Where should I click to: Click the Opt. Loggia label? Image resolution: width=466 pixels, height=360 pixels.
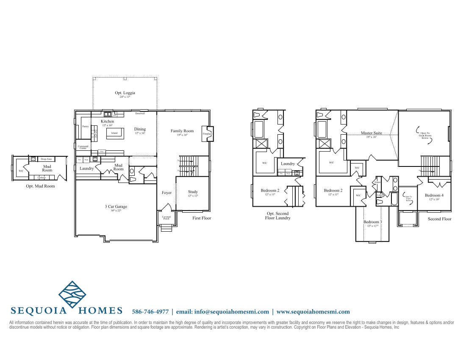[x=125, y=93]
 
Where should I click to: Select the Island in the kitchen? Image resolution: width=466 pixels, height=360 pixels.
[x=114, y=133]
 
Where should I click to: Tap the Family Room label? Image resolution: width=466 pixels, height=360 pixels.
[x=182, y=131]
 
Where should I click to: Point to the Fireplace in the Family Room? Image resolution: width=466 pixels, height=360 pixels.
[x=206, y=133]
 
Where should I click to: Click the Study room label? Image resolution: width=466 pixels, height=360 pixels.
[x=193, y=192]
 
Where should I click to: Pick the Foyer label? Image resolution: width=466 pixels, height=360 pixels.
[x=167, y=193]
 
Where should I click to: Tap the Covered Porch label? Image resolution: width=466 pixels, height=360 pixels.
[x=166, y=218]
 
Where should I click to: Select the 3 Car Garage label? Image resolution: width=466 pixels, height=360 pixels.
[x=116, y=207]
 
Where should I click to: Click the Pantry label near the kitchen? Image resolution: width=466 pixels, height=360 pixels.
[x=85, y=126]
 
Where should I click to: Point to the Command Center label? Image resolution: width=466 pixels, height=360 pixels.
[x=83, y=147]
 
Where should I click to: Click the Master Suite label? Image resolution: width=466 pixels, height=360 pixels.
[x=372, y=133]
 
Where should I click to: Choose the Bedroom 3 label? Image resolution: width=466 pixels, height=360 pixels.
[x=372, y=222]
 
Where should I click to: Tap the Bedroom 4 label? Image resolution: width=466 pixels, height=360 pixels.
[x=434, y=195]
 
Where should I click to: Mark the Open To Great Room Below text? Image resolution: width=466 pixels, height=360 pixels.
[x=424, y=136]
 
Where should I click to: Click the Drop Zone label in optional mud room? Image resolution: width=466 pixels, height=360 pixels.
[x=46, y=159]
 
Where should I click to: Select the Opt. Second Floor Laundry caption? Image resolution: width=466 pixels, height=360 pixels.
[x=277, y=216]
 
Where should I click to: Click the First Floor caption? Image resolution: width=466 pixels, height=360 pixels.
[x=202, y=218]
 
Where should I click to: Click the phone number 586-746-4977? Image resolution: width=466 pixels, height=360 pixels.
[x=150, y=312]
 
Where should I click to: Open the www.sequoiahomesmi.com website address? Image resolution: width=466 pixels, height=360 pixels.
[x=313, y=312]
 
